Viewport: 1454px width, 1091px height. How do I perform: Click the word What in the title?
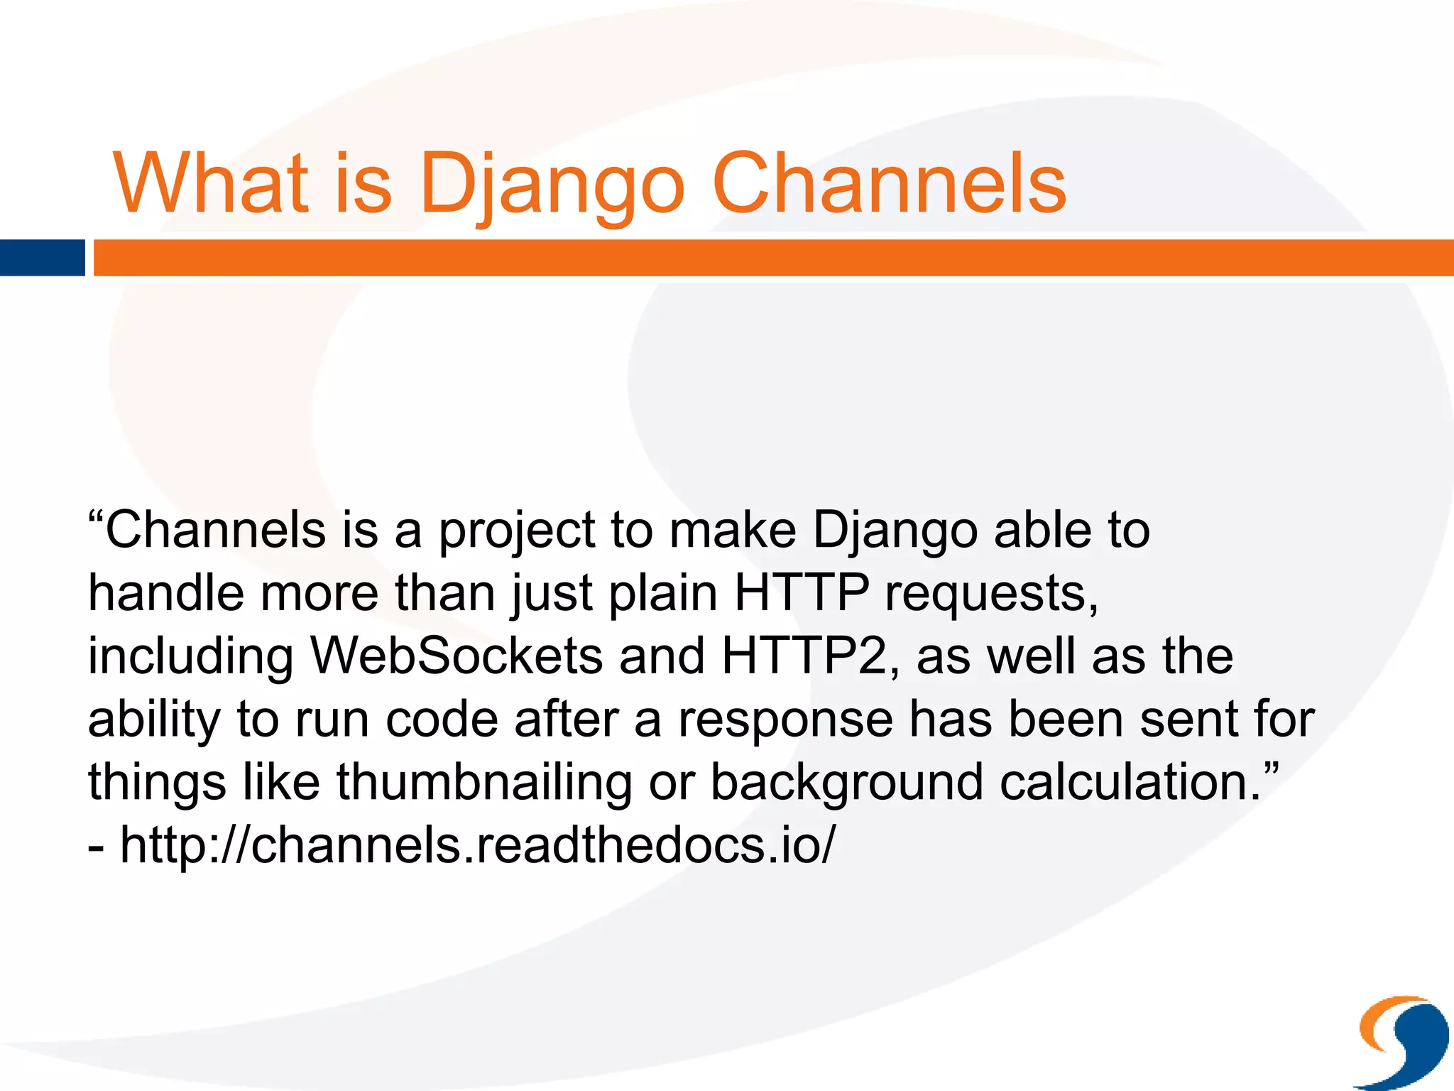coord(211,183)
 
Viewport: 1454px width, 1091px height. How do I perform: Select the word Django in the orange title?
coord(552,184)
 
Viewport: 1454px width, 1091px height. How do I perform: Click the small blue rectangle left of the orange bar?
coord(42,258)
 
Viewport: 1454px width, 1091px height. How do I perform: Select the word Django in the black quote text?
coord(895,531)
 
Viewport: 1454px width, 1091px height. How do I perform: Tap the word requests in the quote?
coord(991,594)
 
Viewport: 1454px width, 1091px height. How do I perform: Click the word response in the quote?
coord(785,720)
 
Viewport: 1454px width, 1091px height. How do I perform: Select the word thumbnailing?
coord(483,783)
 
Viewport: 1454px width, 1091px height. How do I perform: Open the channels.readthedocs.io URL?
coord(477,845)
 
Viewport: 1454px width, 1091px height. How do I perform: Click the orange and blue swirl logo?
coord(1403,1041)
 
